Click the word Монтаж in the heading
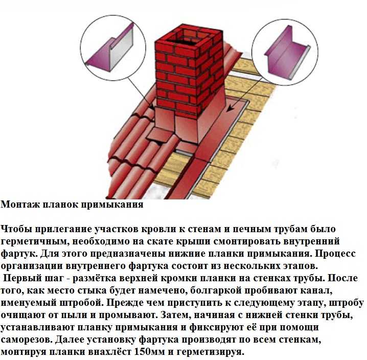(x=20, y=204)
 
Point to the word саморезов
(x=27, y=340)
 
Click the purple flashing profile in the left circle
(x=110, y=49)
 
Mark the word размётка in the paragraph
(x=94, y=278)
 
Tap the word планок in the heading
(x=61, y=204)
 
